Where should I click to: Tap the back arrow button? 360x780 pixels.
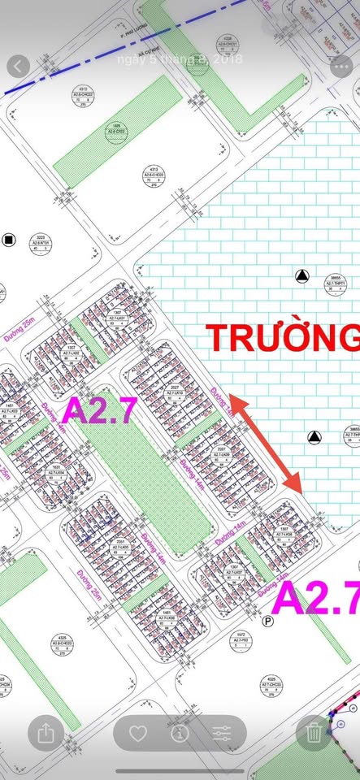18,67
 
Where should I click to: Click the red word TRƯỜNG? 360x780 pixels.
281,337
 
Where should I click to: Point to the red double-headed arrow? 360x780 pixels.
266,444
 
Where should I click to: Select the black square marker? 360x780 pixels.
9,239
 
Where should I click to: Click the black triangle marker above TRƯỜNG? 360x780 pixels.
302,276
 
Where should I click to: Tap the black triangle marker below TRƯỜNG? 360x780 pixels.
313,438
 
